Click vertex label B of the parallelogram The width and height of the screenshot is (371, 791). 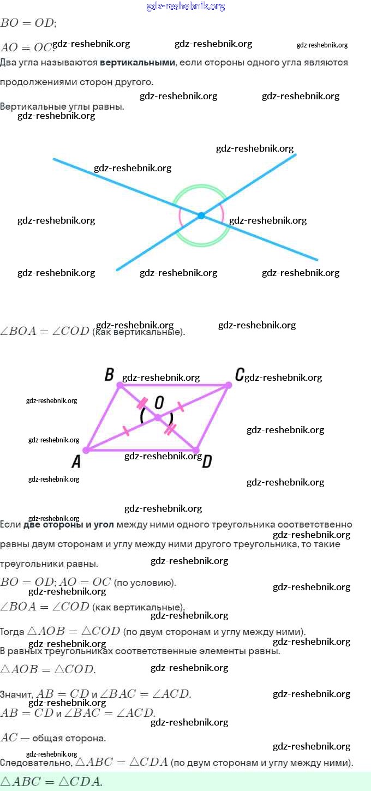click(109, 375)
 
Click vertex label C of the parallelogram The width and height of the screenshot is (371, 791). click(240, 375)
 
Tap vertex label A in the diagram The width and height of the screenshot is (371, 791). click(76, 462)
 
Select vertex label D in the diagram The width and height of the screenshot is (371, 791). click(207, 462)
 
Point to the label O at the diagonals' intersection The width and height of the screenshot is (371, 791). click(159, 403)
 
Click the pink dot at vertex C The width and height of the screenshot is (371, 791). click(229, 385)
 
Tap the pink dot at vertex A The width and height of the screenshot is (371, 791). click(86, 450)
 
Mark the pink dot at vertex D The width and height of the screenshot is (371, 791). click(196, 450)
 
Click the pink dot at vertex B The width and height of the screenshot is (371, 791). click(120, 385)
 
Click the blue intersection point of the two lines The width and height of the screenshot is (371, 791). click(201, 215)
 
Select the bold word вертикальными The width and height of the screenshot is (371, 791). click(137, 63)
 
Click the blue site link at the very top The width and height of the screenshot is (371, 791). click(185, 7)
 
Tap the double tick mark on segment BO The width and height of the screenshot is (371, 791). click(142, 404)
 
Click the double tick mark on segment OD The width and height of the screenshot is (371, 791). click(170, 429)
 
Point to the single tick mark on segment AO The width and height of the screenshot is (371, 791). click(126, 432)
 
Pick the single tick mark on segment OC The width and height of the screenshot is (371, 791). click(180, 407)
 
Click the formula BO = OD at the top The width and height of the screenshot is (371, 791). click(28, 23)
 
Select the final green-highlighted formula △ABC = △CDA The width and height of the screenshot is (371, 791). click(52, 781)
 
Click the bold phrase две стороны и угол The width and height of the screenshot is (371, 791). click(68, 525)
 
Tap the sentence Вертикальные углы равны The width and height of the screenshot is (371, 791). click(62, 106)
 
